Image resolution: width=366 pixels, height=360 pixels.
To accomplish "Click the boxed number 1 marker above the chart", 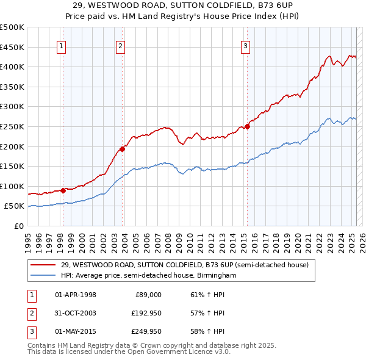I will tap(62, 46).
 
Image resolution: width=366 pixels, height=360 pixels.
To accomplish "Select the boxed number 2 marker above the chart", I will tap(121, 46).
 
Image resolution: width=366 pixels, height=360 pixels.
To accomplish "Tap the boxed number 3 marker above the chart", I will tap(245, 46).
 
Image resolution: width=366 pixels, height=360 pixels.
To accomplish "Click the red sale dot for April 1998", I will tap(63, 190).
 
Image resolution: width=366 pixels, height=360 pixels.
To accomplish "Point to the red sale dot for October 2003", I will tap(123, 148).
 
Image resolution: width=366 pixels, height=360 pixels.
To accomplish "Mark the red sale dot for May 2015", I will tap(248, 126).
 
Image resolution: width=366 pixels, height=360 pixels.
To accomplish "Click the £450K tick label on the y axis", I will tap(12, 47).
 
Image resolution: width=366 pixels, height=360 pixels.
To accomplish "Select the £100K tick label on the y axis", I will tap(12, 186).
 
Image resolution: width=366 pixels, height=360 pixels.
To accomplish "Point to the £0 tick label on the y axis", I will tap(18, 226).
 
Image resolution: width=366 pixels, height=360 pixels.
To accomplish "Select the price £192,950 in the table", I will tap(144, 313).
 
